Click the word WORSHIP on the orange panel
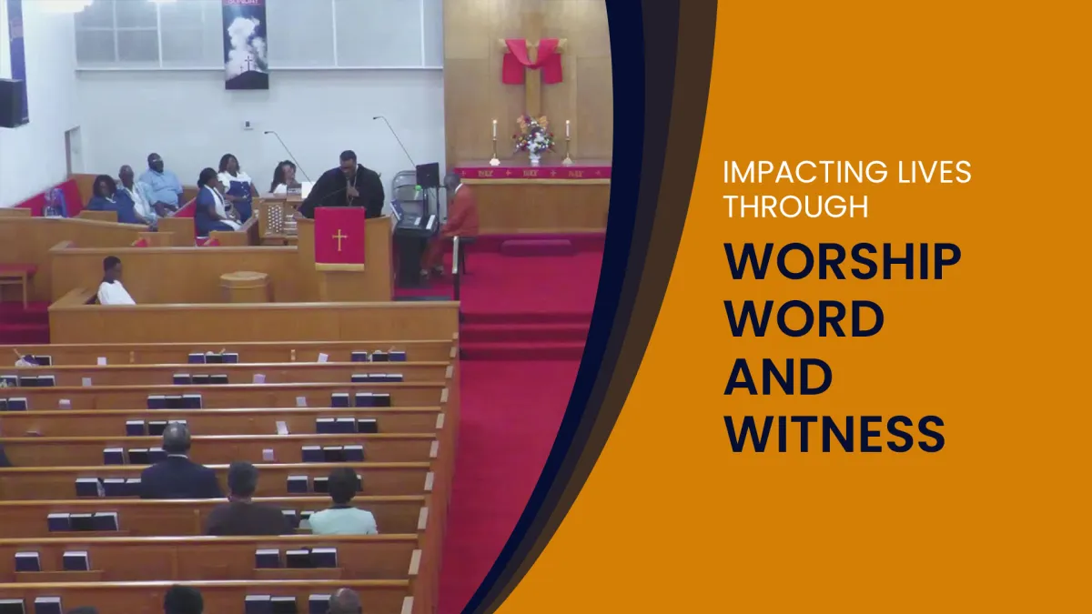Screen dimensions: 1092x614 click(843, 261)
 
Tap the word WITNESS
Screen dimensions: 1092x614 click(834, 434)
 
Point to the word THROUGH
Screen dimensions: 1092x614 click(795, 206)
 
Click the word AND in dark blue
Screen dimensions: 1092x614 click(778, 377)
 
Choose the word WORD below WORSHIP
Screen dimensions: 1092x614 click(804, 319)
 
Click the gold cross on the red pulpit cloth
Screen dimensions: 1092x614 click(339, 240)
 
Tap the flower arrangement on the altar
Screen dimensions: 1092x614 click(534, 136)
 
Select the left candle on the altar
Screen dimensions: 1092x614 click(494, 142)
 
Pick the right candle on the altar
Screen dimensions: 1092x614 click(568, 142)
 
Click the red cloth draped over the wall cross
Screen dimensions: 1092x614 click(532, 60)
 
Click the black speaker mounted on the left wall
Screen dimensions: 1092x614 click(13, 102)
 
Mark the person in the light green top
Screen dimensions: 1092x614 click(343, 502)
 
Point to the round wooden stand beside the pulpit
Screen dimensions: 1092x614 click(244, 287)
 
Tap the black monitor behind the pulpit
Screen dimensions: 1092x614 click(428, 175)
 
